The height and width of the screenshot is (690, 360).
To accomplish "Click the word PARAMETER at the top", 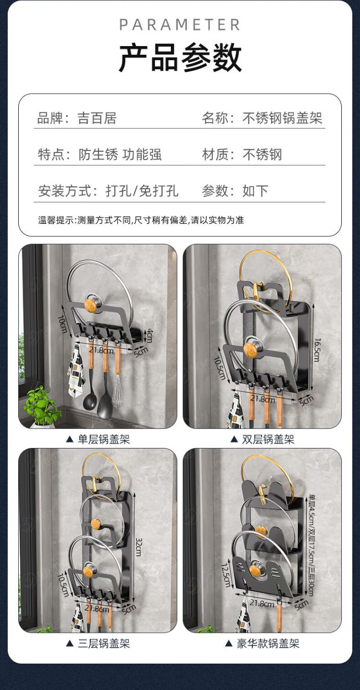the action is [x=180, y=25].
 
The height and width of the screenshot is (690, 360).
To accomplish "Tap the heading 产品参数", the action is [x=180, y=58].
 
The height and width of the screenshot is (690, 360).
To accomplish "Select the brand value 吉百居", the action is [x=97, y=118].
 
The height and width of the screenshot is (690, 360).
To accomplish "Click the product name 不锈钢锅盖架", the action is [x=282, y=118].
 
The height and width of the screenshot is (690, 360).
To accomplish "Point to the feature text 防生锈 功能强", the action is [x=120, y=154].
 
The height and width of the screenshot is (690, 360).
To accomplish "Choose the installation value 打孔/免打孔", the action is [x=142, y=191].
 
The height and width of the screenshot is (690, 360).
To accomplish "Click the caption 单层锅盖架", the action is [x=104, y=439].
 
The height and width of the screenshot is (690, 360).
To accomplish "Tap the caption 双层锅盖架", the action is [x=268, y=439].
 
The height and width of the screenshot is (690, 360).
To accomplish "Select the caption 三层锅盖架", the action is [x=104, y=643].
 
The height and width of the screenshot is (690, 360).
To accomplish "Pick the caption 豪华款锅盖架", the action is [x=268, y=643].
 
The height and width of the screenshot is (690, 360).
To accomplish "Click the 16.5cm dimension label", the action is [x=317, y=350].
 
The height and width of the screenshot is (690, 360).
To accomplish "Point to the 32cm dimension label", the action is [x=139, y=547].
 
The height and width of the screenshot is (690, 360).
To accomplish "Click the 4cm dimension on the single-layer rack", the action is [x=149, y=336].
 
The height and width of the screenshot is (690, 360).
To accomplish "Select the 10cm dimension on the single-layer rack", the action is [x=62, y=324].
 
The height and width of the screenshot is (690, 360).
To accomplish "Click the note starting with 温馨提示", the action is [x=141, y=220].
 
